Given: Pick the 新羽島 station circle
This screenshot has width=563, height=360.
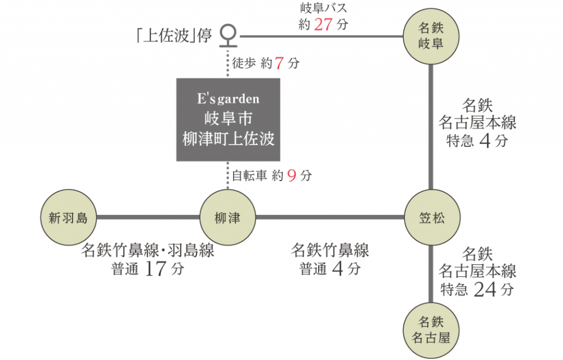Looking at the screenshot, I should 68,218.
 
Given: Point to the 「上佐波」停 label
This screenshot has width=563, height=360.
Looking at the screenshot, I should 172,36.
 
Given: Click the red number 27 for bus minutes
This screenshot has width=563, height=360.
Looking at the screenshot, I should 324,25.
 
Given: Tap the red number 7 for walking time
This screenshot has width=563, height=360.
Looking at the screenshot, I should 280,64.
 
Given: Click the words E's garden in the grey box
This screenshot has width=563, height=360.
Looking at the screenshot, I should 228,99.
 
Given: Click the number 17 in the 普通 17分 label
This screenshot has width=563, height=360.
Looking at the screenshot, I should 156,269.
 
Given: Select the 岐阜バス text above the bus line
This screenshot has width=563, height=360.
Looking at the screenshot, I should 323,8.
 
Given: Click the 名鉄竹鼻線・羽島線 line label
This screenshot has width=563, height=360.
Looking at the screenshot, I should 148,250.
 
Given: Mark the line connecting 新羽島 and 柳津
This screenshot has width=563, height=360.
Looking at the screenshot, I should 148,217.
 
